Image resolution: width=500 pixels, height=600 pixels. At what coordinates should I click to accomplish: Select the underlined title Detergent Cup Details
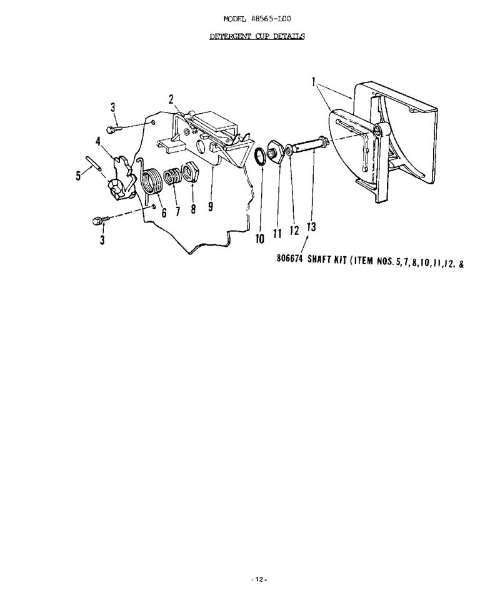[257, 36]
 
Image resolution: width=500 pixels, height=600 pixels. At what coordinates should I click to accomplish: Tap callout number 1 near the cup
[313, 81]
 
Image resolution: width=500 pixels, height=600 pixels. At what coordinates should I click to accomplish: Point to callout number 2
[171, 99]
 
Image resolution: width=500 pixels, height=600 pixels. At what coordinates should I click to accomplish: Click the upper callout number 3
[113, 107]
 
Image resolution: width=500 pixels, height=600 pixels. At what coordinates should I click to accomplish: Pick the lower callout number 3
[102, 240]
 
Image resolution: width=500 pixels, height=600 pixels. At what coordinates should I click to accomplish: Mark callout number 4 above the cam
[98, 141]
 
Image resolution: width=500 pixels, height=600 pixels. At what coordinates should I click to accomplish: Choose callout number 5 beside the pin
[78, 176]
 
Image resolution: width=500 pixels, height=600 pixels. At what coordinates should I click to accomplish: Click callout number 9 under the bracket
[211, 207]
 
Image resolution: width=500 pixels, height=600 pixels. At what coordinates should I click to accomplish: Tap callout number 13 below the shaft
[311, 227]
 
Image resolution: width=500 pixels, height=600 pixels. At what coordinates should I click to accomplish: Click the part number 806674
[289, 259]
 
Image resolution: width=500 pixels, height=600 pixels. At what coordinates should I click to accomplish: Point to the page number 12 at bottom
[259, 580]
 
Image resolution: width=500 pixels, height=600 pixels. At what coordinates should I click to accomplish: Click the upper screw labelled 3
[114, 129]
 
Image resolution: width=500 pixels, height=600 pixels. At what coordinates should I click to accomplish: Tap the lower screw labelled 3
[100, 220]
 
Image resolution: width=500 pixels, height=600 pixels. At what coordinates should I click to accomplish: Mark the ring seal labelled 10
[260, 157]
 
